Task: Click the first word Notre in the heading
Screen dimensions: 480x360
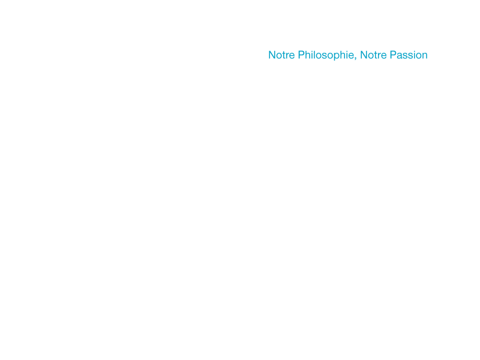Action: pos(281,55)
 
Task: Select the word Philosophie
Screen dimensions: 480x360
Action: pos(326,56)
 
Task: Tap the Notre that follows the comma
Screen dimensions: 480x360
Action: pos(373,55)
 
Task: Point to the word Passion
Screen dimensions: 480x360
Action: pos(409,55)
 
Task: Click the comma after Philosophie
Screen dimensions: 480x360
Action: pos(355,59)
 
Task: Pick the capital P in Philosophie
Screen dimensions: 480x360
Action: pos(301,55)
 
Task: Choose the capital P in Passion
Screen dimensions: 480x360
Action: pos(393,55)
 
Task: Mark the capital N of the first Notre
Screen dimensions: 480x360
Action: pos(272,55)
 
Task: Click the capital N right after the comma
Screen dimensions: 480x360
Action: pos(364,55)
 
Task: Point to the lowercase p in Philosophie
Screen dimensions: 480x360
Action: pos(334,57)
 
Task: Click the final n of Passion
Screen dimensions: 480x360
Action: pos(425,56)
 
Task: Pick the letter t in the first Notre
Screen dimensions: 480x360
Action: pos(284,55)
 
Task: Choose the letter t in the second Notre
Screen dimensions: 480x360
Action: pos(376,55)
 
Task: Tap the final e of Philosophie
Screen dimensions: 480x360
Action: pos(351,56)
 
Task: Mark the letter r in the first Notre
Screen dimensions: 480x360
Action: pos(287,56)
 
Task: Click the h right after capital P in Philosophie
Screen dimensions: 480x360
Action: pos(308,55)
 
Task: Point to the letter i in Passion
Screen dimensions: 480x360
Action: pos(414,55)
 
